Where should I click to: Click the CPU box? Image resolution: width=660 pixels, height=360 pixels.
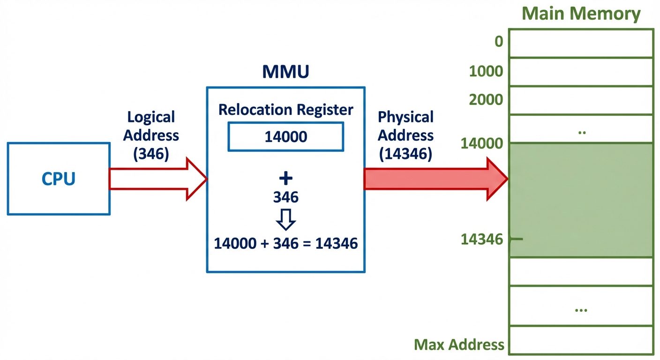(x=59, y=179)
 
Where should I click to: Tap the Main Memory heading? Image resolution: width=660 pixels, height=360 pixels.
(x=581, y=14)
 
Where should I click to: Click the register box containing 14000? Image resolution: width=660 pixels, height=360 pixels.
(x=285, y=136)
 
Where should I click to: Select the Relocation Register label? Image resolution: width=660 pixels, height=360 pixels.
(x=285, y=110)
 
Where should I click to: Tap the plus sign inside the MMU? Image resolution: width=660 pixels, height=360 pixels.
(x=285, y=178)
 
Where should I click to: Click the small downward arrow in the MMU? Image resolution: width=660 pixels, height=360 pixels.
(x=285, y=218)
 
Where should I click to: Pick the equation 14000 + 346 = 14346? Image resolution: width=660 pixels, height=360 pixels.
(x=285, y=243)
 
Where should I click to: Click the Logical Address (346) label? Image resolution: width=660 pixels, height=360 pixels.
(x=151, y=135)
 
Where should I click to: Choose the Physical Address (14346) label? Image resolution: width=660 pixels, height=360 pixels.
(x=405, y=135)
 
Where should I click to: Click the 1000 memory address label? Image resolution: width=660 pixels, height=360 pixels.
(x=486, y=71)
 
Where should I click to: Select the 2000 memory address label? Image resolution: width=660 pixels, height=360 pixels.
(x=486, y=99)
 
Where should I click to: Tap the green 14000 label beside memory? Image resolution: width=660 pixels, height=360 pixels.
(x=482, y=143)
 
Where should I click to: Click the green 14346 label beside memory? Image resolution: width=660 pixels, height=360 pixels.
(x=482, y=240)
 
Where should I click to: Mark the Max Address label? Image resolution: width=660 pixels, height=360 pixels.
(x=459, y=345)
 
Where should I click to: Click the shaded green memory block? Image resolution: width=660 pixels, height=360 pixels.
(x=581, y=200)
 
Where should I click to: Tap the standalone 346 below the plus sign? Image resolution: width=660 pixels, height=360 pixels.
(x=285, y=197)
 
